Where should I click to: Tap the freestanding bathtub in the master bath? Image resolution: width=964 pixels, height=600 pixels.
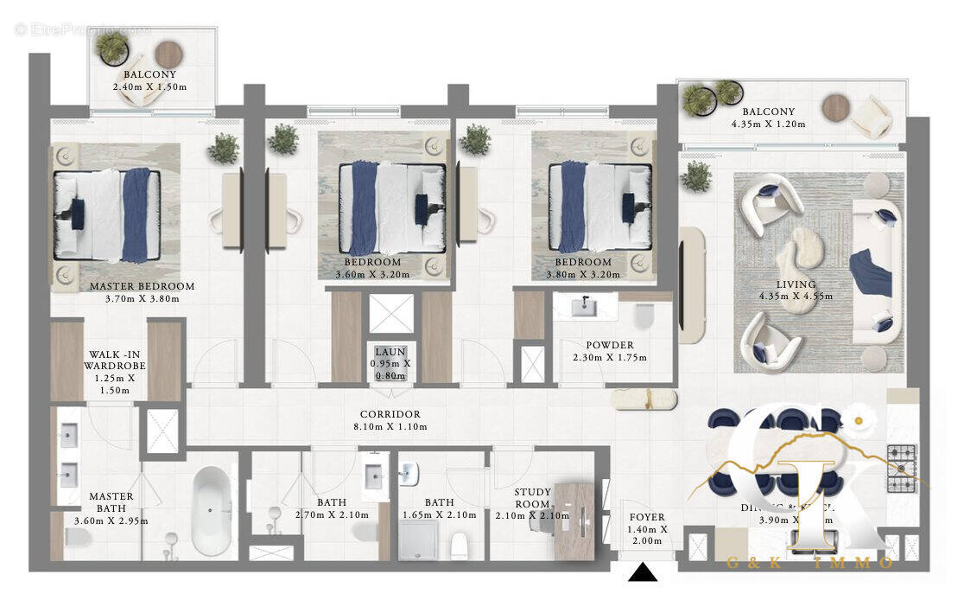click(212, 511)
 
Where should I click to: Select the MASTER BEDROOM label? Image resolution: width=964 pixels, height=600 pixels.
click(142, 286)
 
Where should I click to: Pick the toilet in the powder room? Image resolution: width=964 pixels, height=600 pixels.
click(644, 316)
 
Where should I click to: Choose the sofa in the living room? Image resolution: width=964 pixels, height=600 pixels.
click(876, 271)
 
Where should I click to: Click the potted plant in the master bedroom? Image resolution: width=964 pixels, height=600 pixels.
click(223, 149)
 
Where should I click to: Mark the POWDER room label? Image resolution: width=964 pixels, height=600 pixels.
click(609, 345)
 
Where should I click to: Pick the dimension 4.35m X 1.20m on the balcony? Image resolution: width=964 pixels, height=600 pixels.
click(768, 124)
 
